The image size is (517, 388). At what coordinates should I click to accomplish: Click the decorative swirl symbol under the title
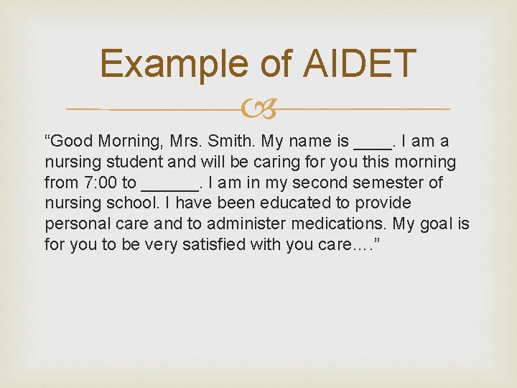coord(258,108)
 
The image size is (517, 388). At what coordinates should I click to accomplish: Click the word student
coord(129,162)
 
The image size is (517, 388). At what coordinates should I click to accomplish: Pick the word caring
coord(253,162)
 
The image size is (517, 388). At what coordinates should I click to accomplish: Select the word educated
coord(271,203)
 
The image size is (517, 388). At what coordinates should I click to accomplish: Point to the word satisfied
coord(211,244)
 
